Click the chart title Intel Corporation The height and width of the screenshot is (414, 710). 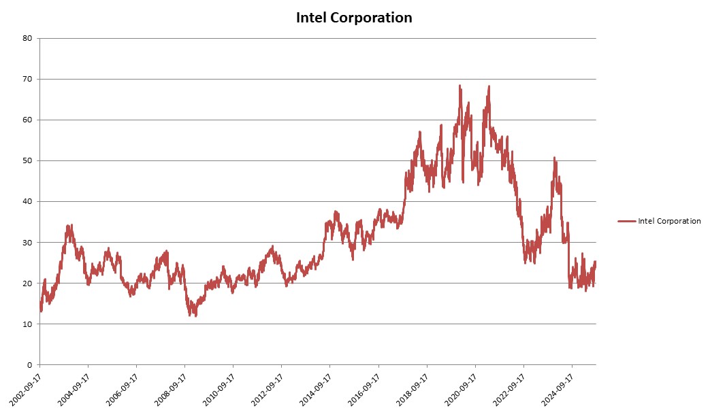coord(354,18)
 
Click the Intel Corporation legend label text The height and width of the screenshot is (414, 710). coord(669,221)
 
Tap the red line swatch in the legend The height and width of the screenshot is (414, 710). coord(626,221)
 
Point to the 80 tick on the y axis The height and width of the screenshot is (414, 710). coord(28,38)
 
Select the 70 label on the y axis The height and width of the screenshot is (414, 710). coord(28,79)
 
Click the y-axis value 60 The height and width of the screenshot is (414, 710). coord(28,120)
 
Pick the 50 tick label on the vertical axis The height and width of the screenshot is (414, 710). coord(28,160)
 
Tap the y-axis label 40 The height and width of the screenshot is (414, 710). coord(28,201)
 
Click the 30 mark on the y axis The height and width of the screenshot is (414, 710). coord(28,242)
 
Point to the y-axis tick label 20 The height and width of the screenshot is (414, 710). coord(28,283)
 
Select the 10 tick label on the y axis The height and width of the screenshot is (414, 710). coord(28,324)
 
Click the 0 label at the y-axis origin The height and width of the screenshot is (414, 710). coord(31,365)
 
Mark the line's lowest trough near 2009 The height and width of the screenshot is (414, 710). coord(195,315)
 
